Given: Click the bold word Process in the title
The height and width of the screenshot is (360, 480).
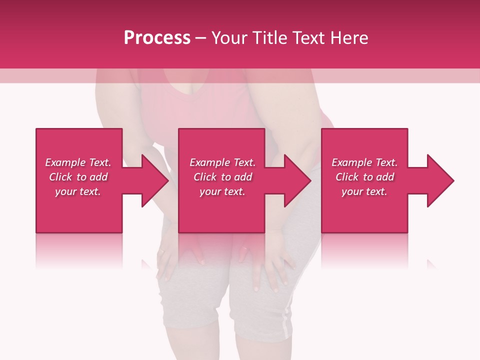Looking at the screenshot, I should (157, 38).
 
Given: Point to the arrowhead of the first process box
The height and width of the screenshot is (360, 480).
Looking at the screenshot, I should (155, 180).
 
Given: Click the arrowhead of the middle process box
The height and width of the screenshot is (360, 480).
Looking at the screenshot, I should (298, 180).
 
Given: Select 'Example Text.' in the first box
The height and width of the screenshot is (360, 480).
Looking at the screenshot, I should (78, 162).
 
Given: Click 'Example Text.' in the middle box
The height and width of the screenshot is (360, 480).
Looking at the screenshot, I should (222, 162).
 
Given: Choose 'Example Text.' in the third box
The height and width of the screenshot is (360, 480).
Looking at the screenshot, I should (364, 162).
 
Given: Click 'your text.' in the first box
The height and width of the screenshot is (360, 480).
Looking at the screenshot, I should (78, 191).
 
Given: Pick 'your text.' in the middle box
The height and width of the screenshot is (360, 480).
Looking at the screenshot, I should (222, 191).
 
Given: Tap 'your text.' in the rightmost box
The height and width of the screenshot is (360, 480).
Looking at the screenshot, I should (364, 191).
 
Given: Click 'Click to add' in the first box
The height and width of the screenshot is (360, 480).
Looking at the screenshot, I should (78, 177).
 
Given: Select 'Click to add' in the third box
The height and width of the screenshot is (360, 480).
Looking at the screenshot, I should (364, 177).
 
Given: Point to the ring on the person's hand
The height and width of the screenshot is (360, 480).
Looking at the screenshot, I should (161, 251).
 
